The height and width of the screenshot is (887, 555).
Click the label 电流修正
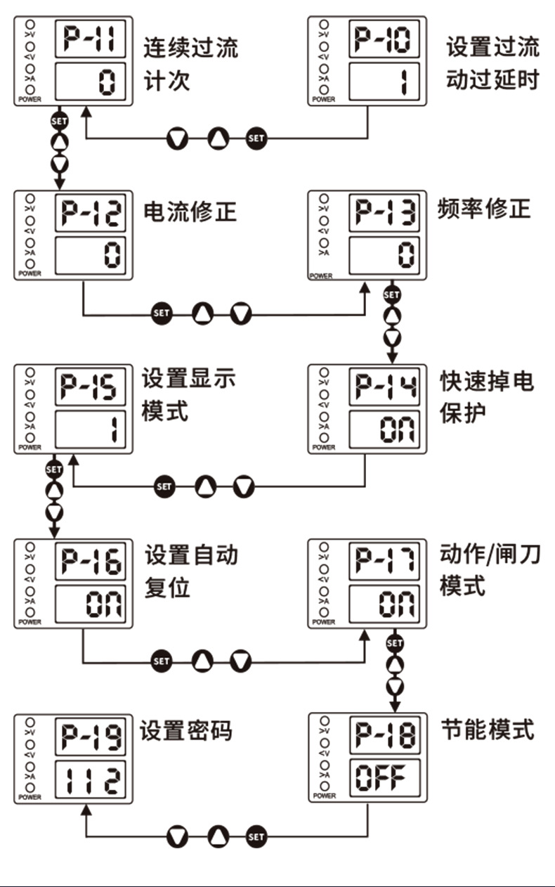click(190, 211)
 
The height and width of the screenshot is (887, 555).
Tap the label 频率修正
click(484, 209)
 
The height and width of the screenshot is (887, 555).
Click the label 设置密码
click(186, 731)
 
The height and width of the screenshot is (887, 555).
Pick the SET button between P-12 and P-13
click(162, 313)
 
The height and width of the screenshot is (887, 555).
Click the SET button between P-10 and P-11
click(256, 138)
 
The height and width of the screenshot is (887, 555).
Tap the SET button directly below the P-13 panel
click(392, 294)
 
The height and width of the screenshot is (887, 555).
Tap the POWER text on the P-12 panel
click(30, 273)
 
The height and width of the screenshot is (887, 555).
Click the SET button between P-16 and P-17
click(162, 661)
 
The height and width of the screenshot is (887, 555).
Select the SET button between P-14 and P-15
click(164, 486)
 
